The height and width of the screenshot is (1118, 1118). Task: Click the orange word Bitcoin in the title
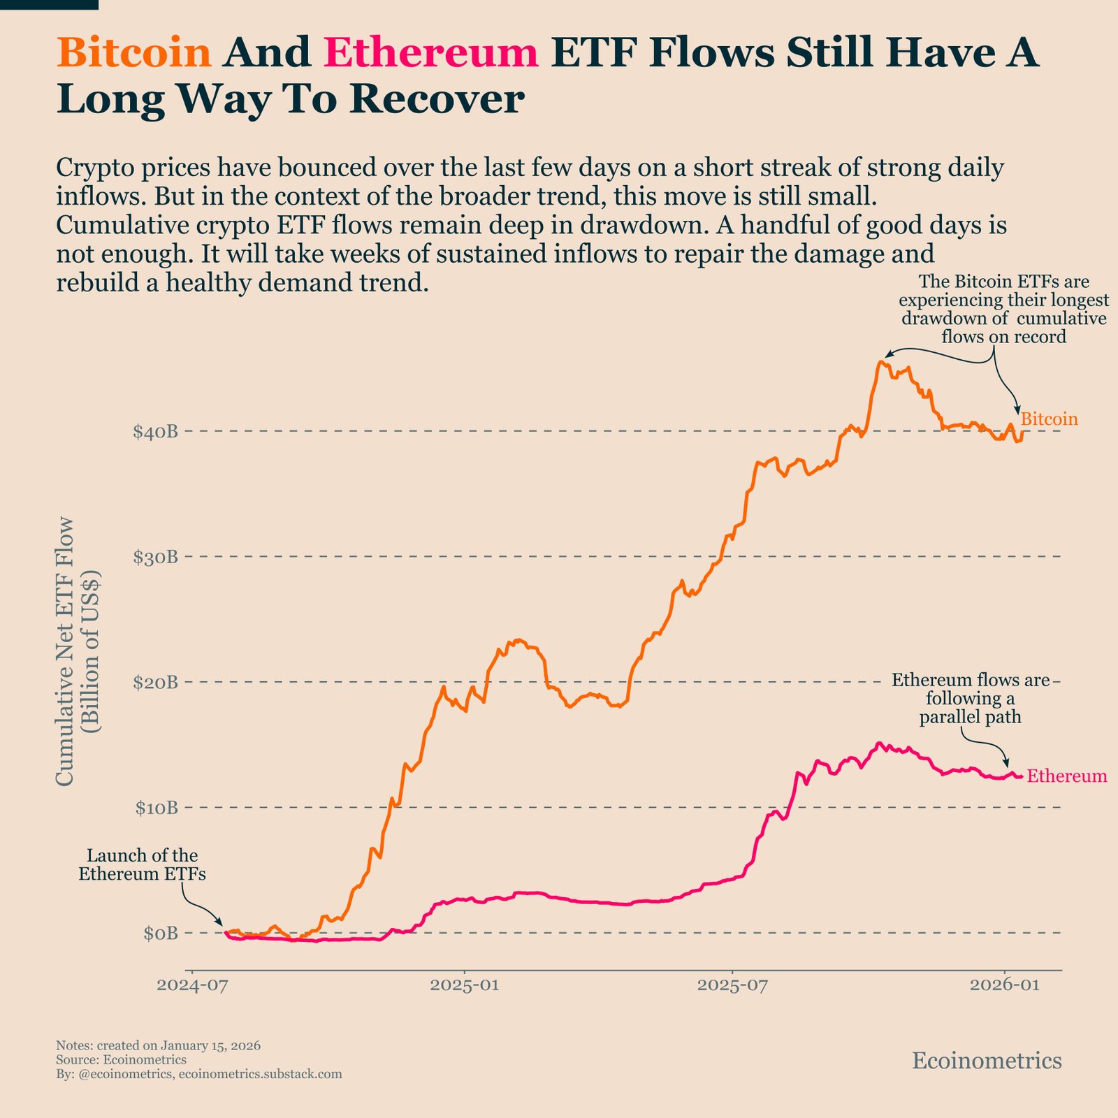coord(133,53)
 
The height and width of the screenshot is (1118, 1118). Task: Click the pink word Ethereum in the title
coord(431,53)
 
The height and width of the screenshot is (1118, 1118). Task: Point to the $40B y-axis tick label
coord(154,432)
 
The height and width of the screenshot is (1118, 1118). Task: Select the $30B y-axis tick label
coord(154,557)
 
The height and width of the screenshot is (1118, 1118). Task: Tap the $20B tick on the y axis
coord(154,682)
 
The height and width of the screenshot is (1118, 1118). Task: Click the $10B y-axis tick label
coord(154,808)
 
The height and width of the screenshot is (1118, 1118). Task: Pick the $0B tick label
coord(160,933)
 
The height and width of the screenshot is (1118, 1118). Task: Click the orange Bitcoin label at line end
coord(1049,419)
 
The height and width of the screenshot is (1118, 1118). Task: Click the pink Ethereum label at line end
coord(1067,776)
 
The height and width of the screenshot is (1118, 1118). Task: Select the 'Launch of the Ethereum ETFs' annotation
coord(142,865)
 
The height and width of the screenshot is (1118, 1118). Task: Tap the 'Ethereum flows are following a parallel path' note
coord(971,699)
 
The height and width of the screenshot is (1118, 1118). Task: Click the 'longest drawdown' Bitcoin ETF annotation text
coord(1003,310)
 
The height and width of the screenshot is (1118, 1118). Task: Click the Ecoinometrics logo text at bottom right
coord(987,1061)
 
